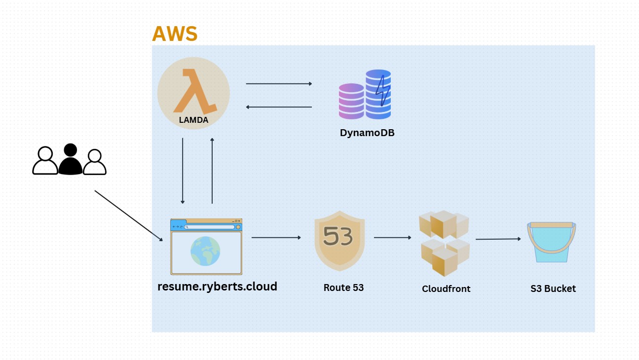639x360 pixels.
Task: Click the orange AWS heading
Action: click(x=175, y=34)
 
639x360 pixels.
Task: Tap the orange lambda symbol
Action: click(x=195, y=91)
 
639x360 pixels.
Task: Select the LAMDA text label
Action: click(x=193, y=120)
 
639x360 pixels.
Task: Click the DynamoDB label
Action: click(x=367, y=133)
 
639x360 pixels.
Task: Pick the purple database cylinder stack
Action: click(x=351, y=101)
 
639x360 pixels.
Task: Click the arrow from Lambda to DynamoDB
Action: click(x=279, y=84)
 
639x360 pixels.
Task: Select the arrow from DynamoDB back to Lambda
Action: click(x=279, y=107)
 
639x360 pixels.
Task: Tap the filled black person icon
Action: click(x=71, y=159)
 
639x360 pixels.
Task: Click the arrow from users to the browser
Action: click(x=128, y=216)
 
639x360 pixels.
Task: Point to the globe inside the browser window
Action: click(x=205, y=251)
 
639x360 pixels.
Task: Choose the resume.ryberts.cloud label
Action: click(x=217, y=286)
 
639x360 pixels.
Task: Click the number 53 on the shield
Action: click(x=338, y=237)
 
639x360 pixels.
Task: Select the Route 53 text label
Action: click(x=343, y=288)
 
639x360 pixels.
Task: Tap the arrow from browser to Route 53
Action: click(x=276, y=238)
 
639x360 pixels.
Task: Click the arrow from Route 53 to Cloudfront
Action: click(x=392, y=238)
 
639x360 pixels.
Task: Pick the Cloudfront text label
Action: click(x=446, y=289)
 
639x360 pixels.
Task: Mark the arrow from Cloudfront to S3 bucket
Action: click(x=498, y=239)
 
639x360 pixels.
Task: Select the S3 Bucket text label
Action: click(x=553, y=289)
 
